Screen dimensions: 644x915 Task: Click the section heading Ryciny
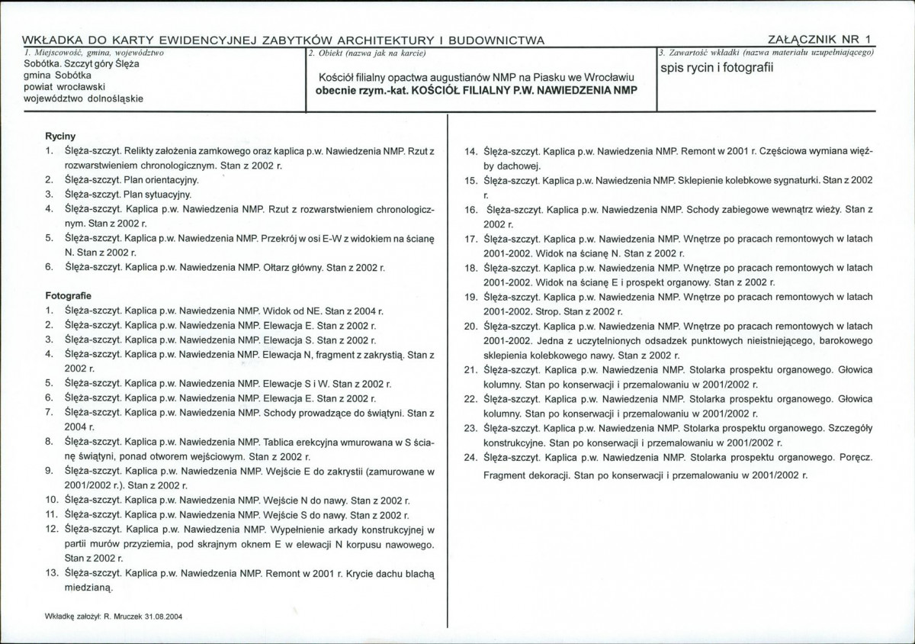coord(60,135)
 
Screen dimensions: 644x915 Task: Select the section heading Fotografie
coord(69,295)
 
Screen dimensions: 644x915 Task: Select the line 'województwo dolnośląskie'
coord(83,98)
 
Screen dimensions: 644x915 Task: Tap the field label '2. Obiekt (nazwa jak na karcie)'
coord(366,53)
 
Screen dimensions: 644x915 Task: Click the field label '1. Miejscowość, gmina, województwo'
coord(94,53)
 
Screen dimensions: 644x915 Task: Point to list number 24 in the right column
coord(470,457)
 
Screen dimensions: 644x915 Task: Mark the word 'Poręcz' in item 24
coord(855,457)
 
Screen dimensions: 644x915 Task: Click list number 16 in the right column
coord(470,208)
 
